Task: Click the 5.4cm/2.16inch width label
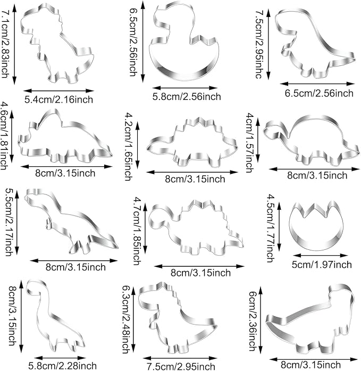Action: pos(58,99)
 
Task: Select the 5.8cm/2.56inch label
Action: pos(187,97)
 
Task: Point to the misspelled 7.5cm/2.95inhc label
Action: pos(259,44)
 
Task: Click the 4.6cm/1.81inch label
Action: pos(5,136)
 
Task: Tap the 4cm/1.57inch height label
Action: pos(250,143)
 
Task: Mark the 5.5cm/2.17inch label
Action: pos(9,222)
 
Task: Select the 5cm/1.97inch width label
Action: pos(322,265)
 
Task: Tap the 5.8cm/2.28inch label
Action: pos(63,366)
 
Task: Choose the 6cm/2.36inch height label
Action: pos(253,321)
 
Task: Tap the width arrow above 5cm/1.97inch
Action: pos(320,256)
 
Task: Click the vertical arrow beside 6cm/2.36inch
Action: pos(261,323)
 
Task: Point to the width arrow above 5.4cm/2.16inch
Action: pos(58,90)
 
